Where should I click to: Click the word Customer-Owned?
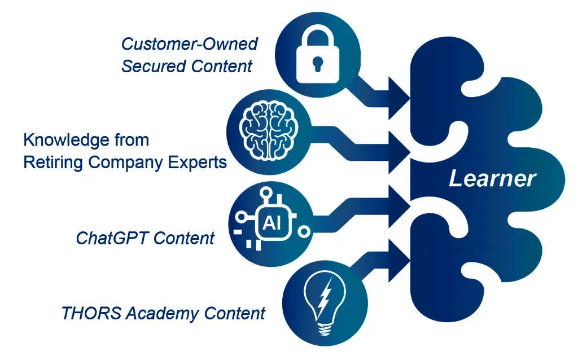pyautogui.click(x=190, y=44)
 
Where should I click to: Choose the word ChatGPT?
pyautogui.click(x=112, y=238)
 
